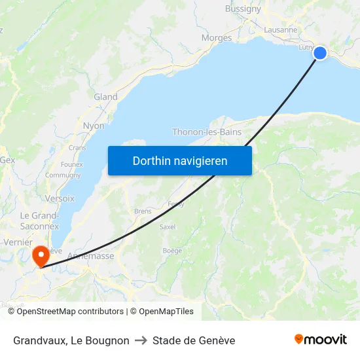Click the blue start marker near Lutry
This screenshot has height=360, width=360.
pyautogui.click(x=320, y=53)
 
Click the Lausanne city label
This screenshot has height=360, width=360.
pyautogui.click(x=281, y=30)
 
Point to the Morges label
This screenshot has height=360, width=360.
pyautogui.click(x=217, y=38)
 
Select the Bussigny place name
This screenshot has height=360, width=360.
pyautogui.click(x=243, y=9)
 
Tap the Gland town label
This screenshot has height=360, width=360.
pyautogui.click(x=105, y=97)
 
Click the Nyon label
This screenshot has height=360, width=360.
pyautogui.click(x=94, y=126)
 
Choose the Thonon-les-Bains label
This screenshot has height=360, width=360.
pyautogui.click(x=207, y=132)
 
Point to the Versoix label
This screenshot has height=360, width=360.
pyautogui.click(x=60, y=198)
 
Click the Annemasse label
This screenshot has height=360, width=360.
pyautogui.click(x=90, y=256)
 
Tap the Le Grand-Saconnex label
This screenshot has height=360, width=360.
pyautogui.click(x=39, y=221)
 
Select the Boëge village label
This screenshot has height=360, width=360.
pyautogui.click(x=172, y=251)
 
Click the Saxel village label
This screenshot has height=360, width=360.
pyautogui.click(x=168, y=227)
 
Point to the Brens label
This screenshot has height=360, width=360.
pyautogui.click(x=142, y=211)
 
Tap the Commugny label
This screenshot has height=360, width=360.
pyautogui.click(x=63, y=175)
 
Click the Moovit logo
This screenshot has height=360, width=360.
pyautogui.click(x=321, y=340)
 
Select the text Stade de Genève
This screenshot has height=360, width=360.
pyautogui.click(x=194, y=340)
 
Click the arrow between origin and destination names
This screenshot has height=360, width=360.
pyautogui.click(x=141, y=340)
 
